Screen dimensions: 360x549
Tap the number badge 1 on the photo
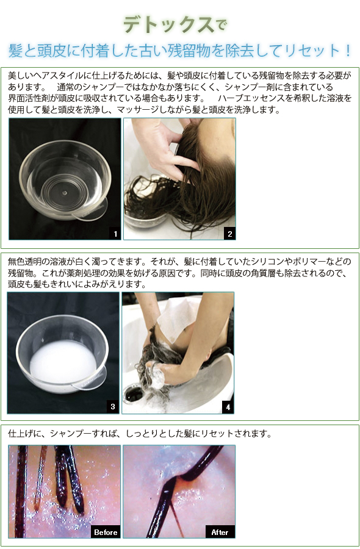pos(115,234)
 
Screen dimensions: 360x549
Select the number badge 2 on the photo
pos(229,234)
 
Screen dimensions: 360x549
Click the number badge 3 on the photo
pos(113,407)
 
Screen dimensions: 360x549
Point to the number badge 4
pos(228,407)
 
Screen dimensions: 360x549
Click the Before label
pos(106,532)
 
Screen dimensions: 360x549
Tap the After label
pos(220,532)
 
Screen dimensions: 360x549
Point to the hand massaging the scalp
pos(165,147)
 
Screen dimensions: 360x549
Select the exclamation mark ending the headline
pos(347,51)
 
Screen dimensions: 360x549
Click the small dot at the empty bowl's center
pos(65,193)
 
